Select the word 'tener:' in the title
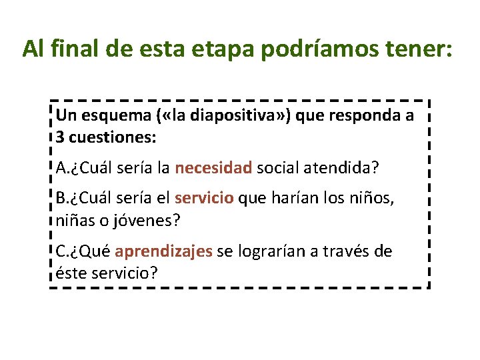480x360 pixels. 418,49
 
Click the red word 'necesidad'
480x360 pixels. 213,167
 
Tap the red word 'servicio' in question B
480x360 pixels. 204,198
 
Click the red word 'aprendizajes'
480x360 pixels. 163,251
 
